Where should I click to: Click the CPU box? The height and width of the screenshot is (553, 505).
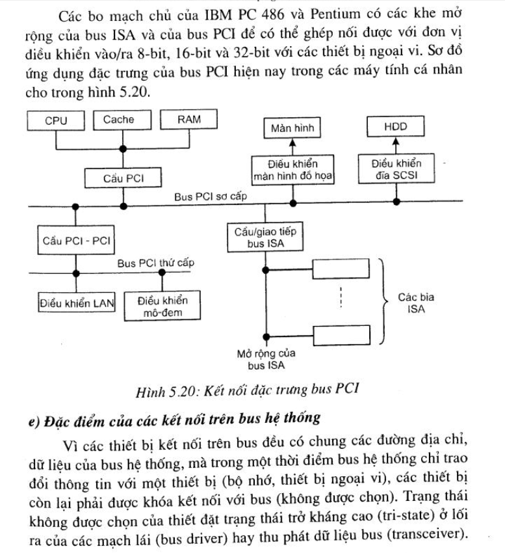(55, 120)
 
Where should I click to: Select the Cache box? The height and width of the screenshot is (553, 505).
(118, 120)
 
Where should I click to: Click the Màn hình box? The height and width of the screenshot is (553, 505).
(292, 128)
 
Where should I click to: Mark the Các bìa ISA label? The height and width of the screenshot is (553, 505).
(416, 303)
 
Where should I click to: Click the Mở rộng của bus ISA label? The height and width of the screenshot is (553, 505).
(266, 358)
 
